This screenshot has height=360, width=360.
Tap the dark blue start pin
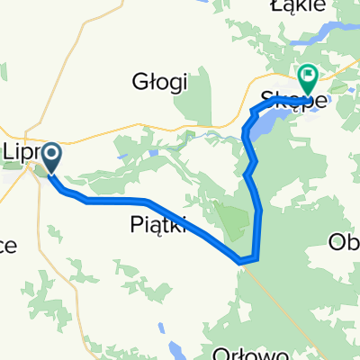[49, 157]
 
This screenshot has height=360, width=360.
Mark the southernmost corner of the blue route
[241, 261]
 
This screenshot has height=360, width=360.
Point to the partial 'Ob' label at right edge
[346, 242]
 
